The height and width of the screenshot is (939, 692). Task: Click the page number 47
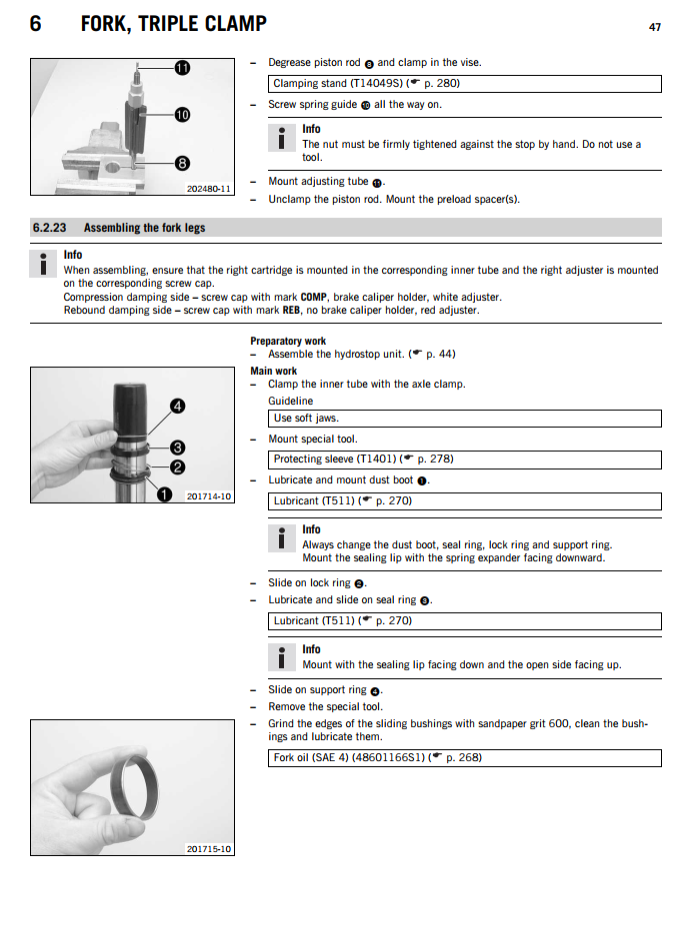click(x=655, y=27)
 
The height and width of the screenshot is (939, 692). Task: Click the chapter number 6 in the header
click(x=36, y=23)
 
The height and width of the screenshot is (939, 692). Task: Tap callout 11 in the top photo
click(x=182, y=69)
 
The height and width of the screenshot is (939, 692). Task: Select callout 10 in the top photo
click(x=182, y=116)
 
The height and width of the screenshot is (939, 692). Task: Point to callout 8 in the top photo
click(x=182, y=162)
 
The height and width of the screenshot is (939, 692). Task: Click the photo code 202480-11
click(x=208, y=188)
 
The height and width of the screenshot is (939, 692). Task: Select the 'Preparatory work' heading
click(x=288, y=342)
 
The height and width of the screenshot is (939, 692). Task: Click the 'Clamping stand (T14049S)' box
click(x=465, y=84)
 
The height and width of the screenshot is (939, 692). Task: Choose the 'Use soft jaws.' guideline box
click(x=465, y=419)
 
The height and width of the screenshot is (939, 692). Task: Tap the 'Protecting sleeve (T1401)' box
click(x=465, y=460)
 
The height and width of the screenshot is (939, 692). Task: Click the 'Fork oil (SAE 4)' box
click(x=465, y=758)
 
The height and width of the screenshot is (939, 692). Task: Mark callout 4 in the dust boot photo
click(x=177, y=407)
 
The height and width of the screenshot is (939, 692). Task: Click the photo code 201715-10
click(x=209, y=848)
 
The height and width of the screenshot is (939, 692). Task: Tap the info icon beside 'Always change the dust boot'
click(x=284, y=537)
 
